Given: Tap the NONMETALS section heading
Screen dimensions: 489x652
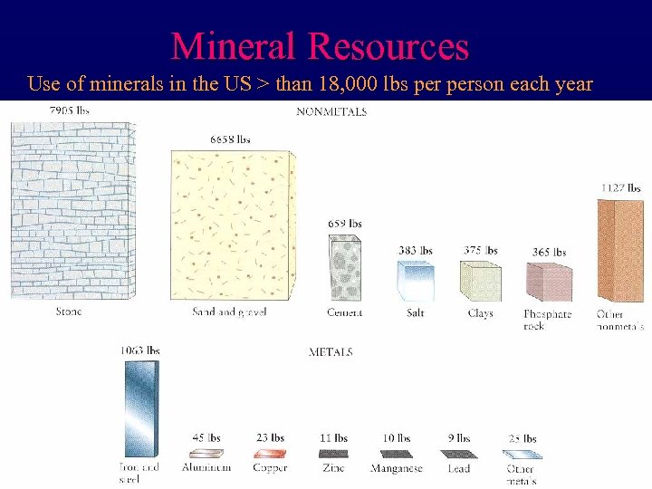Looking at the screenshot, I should (x=332, y=112).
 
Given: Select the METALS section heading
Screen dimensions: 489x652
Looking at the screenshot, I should (x=331, y=351).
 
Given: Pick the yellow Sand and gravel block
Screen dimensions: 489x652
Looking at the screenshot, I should (x=233, y=226).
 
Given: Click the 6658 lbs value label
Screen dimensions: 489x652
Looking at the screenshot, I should (x=230, y=139).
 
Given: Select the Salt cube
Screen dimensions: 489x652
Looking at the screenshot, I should (x=416, y=281).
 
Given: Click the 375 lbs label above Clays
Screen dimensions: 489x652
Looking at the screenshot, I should (x=480, y=251).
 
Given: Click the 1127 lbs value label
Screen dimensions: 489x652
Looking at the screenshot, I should (x=622, y=188).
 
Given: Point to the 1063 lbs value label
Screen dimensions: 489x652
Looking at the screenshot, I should (x=140, y=350).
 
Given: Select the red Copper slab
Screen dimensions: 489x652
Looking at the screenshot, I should (x=270, y=453).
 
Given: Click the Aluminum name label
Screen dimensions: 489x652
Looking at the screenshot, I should (x=206, y=468).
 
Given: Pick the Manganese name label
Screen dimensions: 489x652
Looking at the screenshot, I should (x=396, y=468).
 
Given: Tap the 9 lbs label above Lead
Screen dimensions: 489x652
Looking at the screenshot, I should (x=459, y=438).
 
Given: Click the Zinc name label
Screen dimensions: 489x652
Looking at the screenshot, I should (x=333, y=468).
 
